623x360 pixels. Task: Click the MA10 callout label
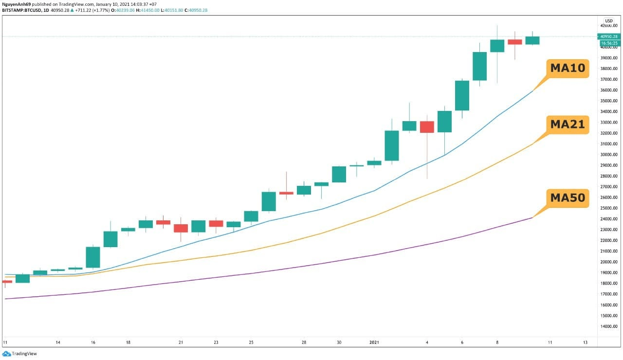click(568, 69)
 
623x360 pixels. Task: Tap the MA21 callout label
click(568, 125)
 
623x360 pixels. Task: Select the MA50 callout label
click(568, 198)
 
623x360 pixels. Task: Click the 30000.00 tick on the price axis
click(608, 155)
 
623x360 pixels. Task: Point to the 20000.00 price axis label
click(608, 262)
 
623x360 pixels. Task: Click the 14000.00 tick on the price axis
click(608, 326)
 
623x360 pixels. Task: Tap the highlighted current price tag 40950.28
click(609, 36)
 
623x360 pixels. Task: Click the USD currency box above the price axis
click(608, 20)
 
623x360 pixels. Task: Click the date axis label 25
click(251, 342)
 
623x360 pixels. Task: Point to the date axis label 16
click(93, 342)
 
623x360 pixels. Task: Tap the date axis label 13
click(585, 342)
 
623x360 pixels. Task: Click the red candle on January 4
click(427, 127)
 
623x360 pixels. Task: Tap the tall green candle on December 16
click(93, 257)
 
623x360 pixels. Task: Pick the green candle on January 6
click(462, 95)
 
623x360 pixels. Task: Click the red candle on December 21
click(181, 228)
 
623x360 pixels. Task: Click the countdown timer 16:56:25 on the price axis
click(609, 43)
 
